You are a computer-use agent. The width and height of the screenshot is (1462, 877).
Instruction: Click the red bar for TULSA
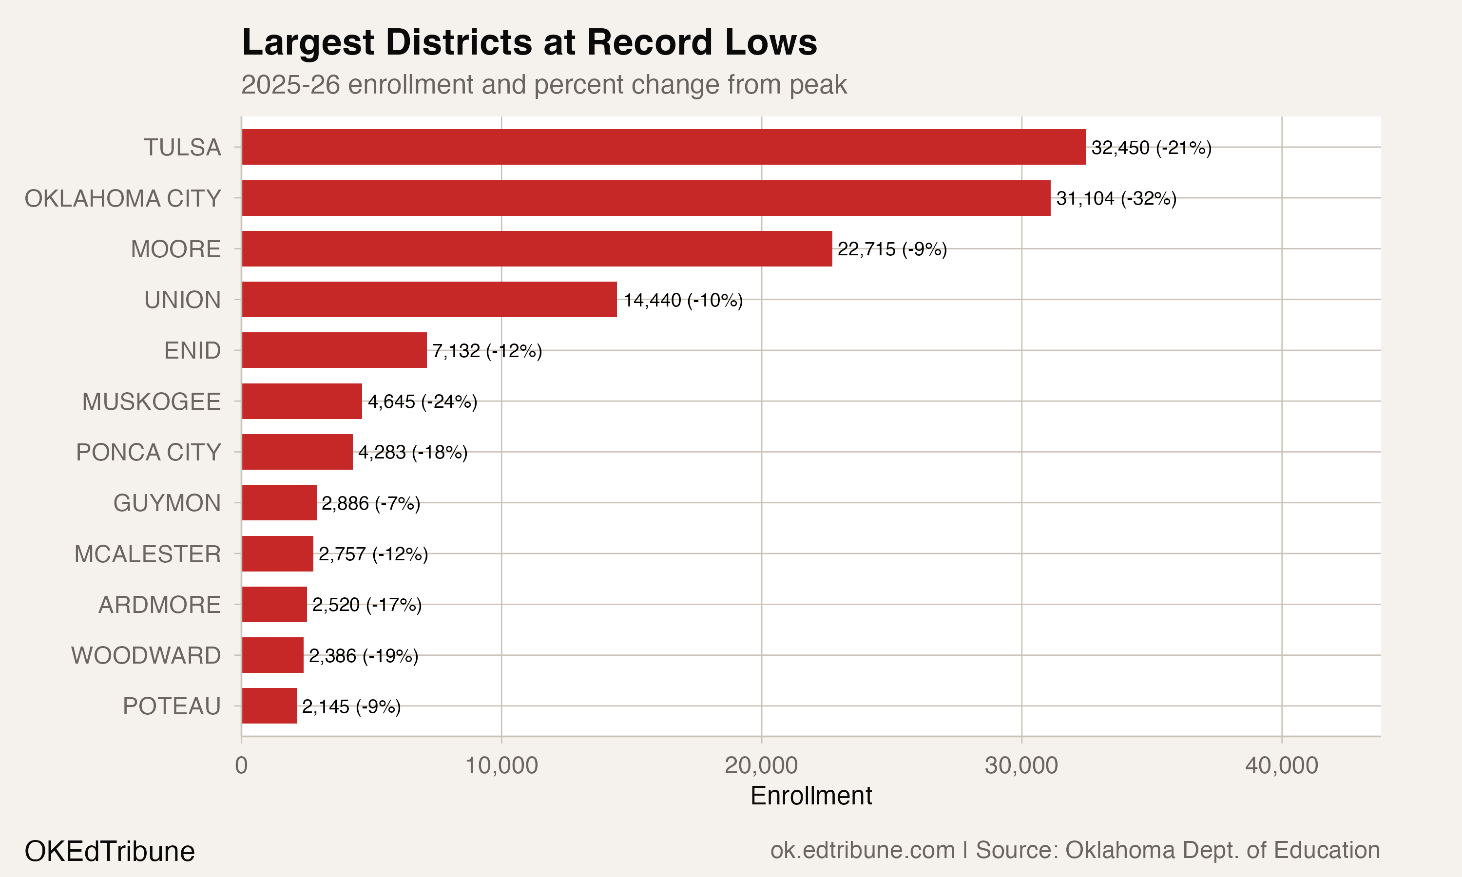click(x=663, y=147)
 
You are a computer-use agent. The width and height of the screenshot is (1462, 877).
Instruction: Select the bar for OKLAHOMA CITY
click(x=646, y=198)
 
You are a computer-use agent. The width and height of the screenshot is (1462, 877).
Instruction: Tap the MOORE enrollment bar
click(x=537, y=249)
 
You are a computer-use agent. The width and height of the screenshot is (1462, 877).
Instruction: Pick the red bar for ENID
click(x=334, y=350)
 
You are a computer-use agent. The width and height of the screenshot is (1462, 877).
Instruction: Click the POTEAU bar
click(x=269, y=705)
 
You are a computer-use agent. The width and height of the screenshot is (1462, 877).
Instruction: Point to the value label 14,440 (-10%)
click(x=683, y=300)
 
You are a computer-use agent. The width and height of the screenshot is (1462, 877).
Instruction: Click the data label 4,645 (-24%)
click(x=422, y=402)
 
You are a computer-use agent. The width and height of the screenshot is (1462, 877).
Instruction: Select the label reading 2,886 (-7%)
click(x=370, y=503)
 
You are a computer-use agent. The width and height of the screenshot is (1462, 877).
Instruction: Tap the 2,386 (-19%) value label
click(x=364, y=656)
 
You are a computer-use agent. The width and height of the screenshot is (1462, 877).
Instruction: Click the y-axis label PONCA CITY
click(x=148, y=453)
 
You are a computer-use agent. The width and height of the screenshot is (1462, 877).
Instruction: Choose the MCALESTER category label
click(x=147, y=554)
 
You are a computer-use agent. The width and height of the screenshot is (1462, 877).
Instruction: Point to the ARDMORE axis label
click(x=159, y=605)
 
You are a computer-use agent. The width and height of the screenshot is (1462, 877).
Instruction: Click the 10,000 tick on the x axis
click(x=501, y=766)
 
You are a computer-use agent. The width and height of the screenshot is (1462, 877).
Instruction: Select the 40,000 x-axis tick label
click(x=1281, y=766)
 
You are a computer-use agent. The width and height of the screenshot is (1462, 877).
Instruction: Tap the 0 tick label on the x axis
click(x=241, y=766)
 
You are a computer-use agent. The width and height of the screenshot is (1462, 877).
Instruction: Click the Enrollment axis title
click(x=811, y=796)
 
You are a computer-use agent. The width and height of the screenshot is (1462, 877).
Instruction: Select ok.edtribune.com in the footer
click(x=862, y=850)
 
